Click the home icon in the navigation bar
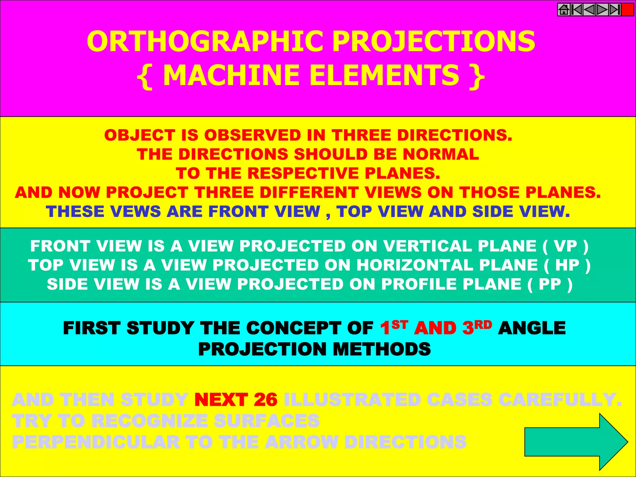coord(564,10)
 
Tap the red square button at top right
coord(628,10)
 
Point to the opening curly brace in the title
coord(145,76)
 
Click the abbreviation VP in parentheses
coord(566,246)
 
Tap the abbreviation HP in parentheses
coord(567,265)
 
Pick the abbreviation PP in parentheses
coord(550,284)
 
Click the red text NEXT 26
coord(236,399)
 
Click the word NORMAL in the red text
coord(441,154)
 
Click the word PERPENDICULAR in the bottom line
coord(96,442)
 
